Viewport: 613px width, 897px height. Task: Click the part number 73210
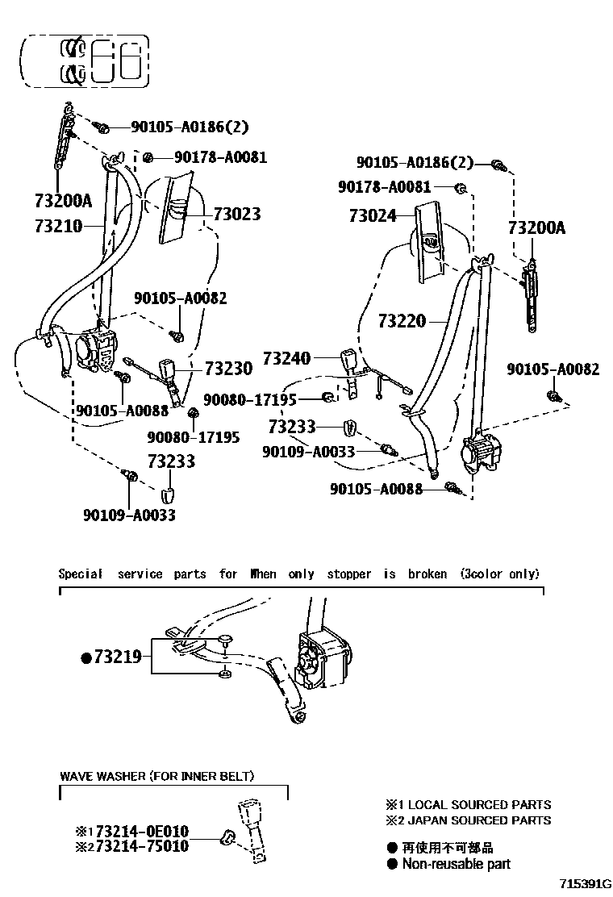pyautogui.click(x=58, y=226)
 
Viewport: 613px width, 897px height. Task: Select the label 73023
pyautogui.click(x=237, y=214)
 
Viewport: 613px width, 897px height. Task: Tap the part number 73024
pyautogui.click(x=372, y=215)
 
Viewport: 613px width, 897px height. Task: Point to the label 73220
pyautogui.click(x=401, y=321)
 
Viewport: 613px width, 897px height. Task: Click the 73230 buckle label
pyautogui.click(x=228, y=368)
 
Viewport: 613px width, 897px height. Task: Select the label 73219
pyautogui.click(x=117, y=657)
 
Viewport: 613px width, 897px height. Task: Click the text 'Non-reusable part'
pyautogui.click(x=457, y=864)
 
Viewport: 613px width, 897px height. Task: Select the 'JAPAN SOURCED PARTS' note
pyautogui.click(x=479, y=820)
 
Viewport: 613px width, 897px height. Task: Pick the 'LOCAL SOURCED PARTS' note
pyautogui.click(x=479, y=804)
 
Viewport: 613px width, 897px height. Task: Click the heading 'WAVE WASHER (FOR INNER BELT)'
pyautogui.click(x=157, y=776)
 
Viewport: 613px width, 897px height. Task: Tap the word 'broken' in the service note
pyautogui.click(x=427, y=574)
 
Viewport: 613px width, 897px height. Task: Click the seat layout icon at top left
pyautogui.click(x=85, y=61)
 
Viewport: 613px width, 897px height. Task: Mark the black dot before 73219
pyautogui.click(x=85, y=657)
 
